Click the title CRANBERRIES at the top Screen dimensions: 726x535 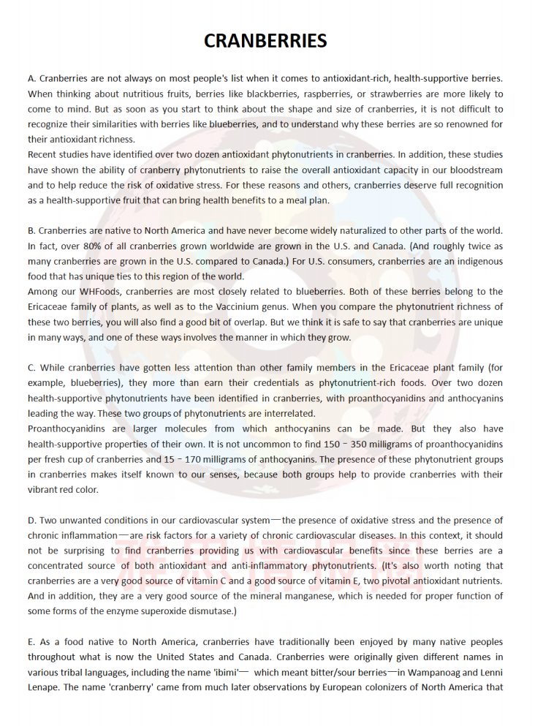pos(265,41)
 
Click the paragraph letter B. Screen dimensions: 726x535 pos(31,231)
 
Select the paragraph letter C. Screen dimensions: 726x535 pos(31,368)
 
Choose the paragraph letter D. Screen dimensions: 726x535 pos(31,521)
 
